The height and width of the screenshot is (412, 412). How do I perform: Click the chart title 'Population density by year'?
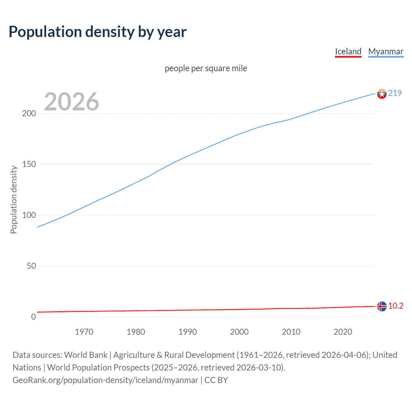point(98,32)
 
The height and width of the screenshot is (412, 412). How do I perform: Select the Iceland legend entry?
point(348,51)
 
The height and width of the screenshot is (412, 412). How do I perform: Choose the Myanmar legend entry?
point(386,51)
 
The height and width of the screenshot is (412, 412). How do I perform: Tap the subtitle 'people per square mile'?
point(206,68)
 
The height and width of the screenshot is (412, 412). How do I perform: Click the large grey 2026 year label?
point(71,102)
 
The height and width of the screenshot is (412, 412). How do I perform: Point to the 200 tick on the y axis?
point(29,114)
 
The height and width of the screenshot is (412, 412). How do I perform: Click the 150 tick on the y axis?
point(29,164)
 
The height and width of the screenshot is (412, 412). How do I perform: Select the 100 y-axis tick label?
point(29,215)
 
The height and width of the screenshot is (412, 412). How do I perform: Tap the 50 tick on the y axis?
point(31,266)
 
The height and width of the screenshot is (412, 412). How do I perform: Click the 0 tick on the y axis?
point(33,317)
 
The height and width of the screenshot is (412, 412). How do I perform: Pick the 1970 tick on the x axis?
point(84,332)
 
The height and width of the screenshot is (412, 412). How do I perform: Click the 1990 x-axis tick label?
point(188,332)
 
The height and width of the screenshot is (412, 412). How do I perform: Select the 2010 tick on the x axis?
point(291,332)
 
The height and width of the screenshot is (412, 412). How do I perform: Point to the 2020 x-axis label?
point(343,332)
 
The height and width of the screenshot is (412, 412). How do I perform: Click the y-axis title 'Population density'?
point(14,200)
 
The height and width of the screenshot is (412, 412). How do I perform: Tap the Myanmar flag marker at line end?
point(382,94)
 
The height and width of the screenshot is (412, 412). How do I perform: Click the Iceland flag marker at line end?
point(382,306)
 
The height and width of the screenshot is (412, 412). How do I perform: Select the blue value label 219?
point(395,93)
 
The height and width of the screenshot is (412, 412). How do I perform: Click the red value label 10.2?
point(396,306)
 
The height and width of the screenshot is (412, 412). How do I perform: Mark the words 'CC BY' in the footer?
point(216,380)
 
